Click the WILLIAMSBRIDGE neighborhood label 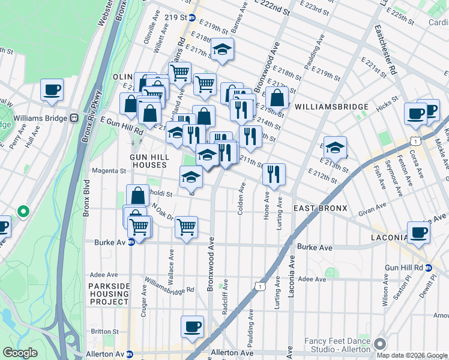(x=331, y=107)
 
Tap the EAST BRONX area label (x=320, y=208)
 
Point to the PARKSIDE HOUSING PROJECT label (x=109, y=294)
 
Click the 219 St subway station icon (x=192, y=18)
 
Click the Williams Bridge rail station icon (x=75, y=118)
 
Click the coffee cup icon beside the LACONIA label (x=418, y=232)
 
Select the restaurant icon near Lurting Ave (x=274, y=174)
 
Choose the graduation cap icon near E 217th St (x=222, y=50)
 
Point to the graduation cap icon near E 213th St (x=336, y=146)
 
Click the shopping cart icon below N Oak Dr (x=186, y=227)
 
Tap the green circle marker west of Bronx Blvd (x=23, y=211)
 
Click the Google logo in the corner (x=20, y=353)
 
